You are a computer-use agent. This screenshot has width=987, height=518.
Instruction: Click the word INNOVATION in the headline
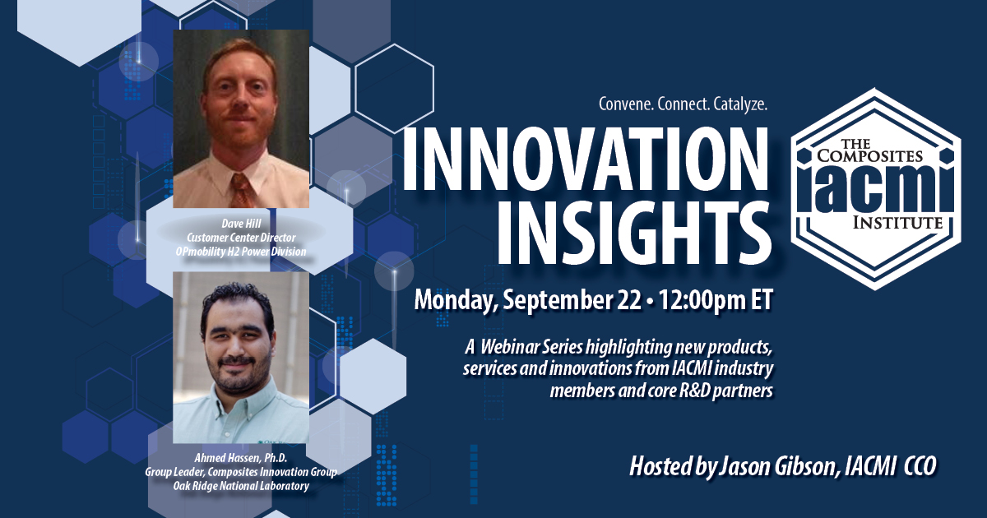[585, 158]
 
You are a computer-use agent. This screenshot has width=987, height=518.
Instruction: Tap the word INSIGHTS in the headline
[635, 232]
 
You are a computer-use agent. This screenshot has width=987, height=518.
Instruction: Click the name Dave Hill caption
[241, 224]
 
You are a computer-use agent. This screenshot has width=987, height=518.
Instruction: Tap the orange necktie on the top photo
[242, 190]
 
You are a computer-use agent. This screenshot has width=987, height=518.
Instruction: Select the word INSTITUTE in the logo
[897, 223]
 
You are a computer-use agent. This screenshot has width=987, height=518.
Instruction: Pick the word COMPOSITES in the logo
[869, 155]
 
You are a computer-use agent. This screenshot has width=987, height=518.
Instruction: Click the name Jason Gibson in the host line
[777, 467]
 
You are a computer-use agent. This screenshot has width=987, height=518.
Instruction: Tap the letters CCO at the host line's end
[920, 467]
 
